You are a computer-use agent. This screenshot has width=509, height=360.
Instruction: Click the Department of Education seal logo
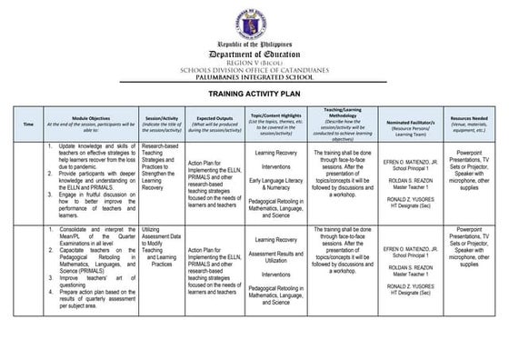coord(254,17)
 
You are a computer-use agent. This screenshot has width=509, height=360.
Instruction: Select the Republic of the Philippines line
coord(254,43)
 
